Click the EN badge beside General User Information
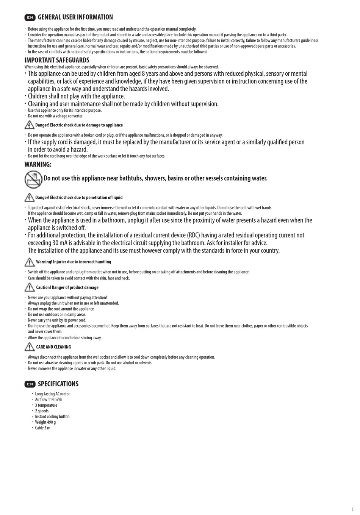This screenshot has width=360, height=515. pos(30,17)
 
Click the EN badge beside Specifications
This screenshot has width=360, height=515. pos(30,384)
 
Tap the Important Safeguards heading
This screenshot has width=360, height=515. pos(57,60)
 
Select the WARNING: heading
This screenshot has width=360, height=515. pos(38,164)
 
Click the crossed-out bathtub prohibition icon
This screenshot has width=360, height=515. pos(33,179)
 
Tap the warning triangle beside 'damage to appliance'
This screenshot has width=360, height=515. pos(29,125)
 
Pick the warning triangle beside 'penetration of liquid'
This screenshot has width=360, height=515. pos(29,197)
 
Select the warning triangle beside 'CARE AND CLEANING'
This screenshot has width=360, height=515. pos(29,346)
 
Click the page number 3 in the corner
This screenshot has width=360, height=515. pos(352,509)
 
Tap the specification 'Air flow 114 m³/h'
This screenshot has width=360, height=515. pos(49,400)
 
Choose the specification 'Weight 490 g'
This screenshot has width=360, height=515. pos(45,422)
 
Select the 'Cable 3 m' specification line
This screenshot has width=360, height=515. pos(42,428)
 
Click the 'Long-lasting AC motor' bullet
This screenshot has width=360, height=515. pos(52,394)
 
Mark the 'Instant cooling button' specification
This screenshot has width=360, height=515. pos(52,417)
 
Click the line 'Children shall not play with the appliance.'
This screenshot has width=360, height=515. pos(76,97)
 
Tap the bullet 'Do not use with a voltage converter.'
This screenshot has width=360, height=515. pos(55,116)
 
